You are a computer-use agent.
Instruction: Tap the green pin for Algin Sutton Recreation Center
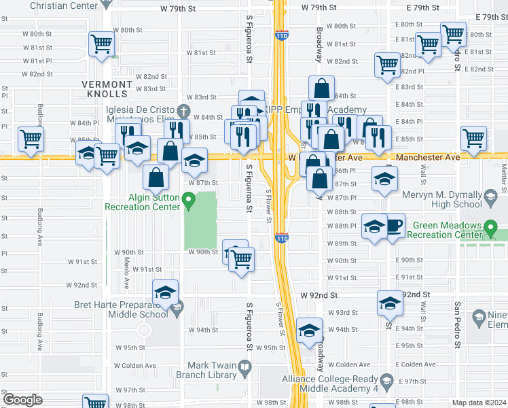(x=191, y=201)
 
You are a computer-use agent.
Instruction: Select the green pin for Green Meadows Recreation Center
(x=491, y=228)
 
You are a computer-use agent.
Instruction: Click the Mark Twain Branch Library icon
(x=244, y=369)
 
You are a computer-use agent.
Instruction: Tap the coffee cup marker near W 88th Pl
(x=394, y=226)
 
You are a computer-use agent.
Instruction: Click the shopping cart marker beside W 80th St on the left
(x=101, y=44)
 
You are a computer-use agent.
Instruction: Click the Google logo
(x=22, y=400)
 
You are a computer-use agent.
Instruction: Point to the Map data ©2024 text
(x=479, y=403)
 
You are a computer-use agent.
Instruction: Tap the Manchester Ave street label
(x=428, y=156)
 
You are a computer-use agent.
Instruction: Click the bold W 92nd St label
(x=319, y=296)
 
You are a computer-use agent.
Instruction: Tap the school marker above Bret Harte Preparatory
(x=165, y=293)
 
